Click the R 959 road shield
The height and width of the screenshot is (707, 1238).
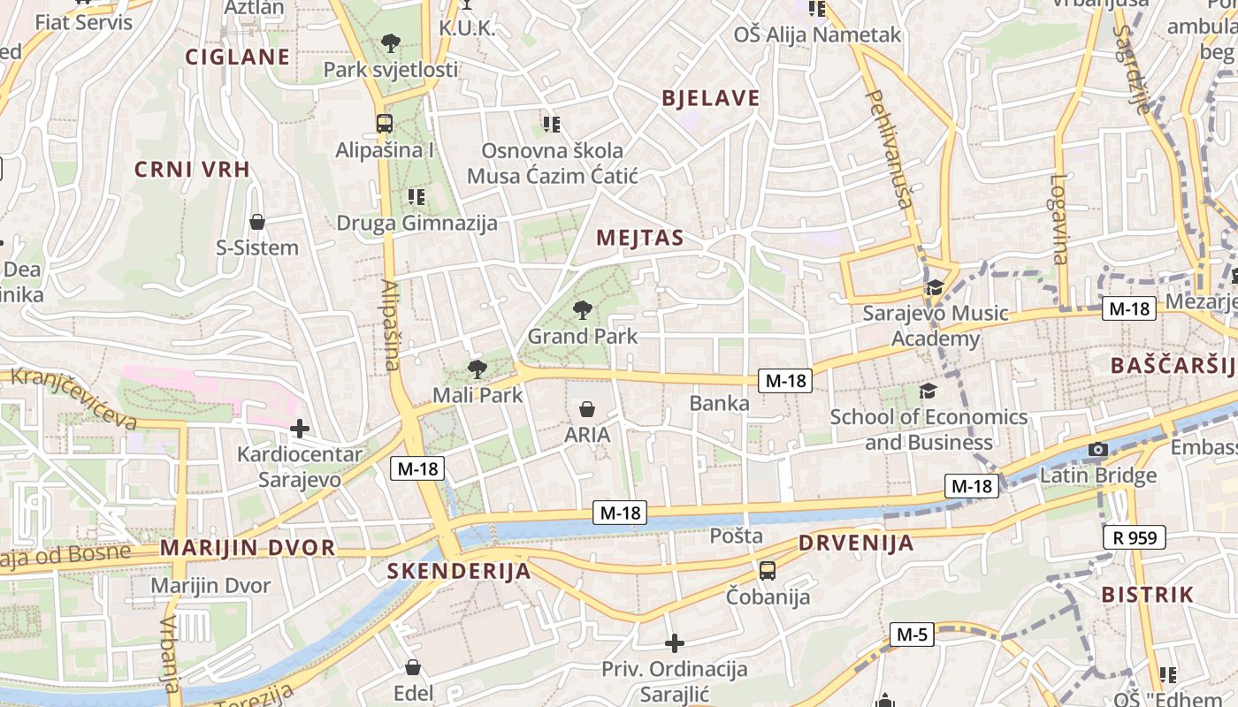1135,536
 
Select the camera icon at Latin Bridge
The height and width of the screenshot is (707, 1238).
1097,450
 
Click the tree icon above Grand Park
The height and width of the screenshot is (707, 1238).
582,309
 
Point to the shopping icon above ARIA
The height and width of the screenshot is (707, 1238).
586,408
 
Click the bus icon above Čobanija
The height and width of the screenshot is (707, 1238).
767,570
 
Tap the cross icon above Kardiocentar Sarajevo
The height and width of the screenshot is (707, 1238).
300,429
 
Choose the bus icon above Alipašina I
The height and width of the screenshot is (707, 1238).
384,124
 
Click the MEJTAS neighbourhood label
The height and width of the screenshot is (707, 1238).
640,238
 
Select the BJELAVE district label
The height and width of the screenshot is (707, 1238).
711,98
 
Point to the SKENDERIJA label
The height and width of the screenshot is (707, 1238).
459,571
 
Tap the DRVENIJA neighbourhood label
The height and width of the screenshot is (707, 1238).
856,543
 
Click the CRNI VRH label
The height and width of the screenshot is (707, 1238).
192,170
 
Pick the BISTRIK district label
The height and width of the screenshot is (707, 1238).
1148,595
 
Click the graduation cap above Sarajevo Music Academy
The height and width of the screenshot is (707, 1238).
934,287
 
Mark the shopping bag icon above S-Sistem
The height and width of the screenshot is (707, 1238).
257,221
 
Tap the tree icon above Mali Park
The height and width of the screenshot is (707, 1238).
477,369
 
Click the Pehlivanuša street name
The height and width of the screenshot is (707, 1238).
888,148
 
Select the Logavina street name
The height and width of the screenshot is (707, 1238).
1059,219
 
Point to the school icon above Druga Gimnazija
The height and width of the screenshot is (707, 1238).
416,196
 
